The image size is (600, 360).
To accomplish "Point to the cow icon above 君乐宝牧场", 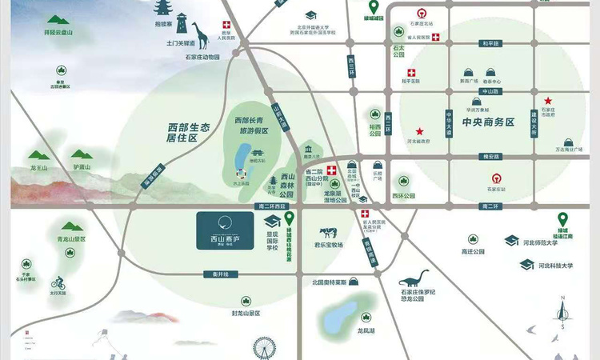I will (328, 234).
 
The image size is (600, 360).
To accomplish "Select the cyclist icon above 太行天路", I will (58, 283).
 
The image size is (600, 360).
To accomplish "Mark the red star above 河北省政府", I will (419, 131).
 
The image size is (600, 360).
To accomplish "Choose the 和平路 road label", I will (489, 43).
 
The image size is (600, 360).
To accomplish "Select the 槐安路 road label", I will (489, 157).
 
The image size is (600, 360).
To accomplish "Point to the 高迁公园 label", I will (474, 251).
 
